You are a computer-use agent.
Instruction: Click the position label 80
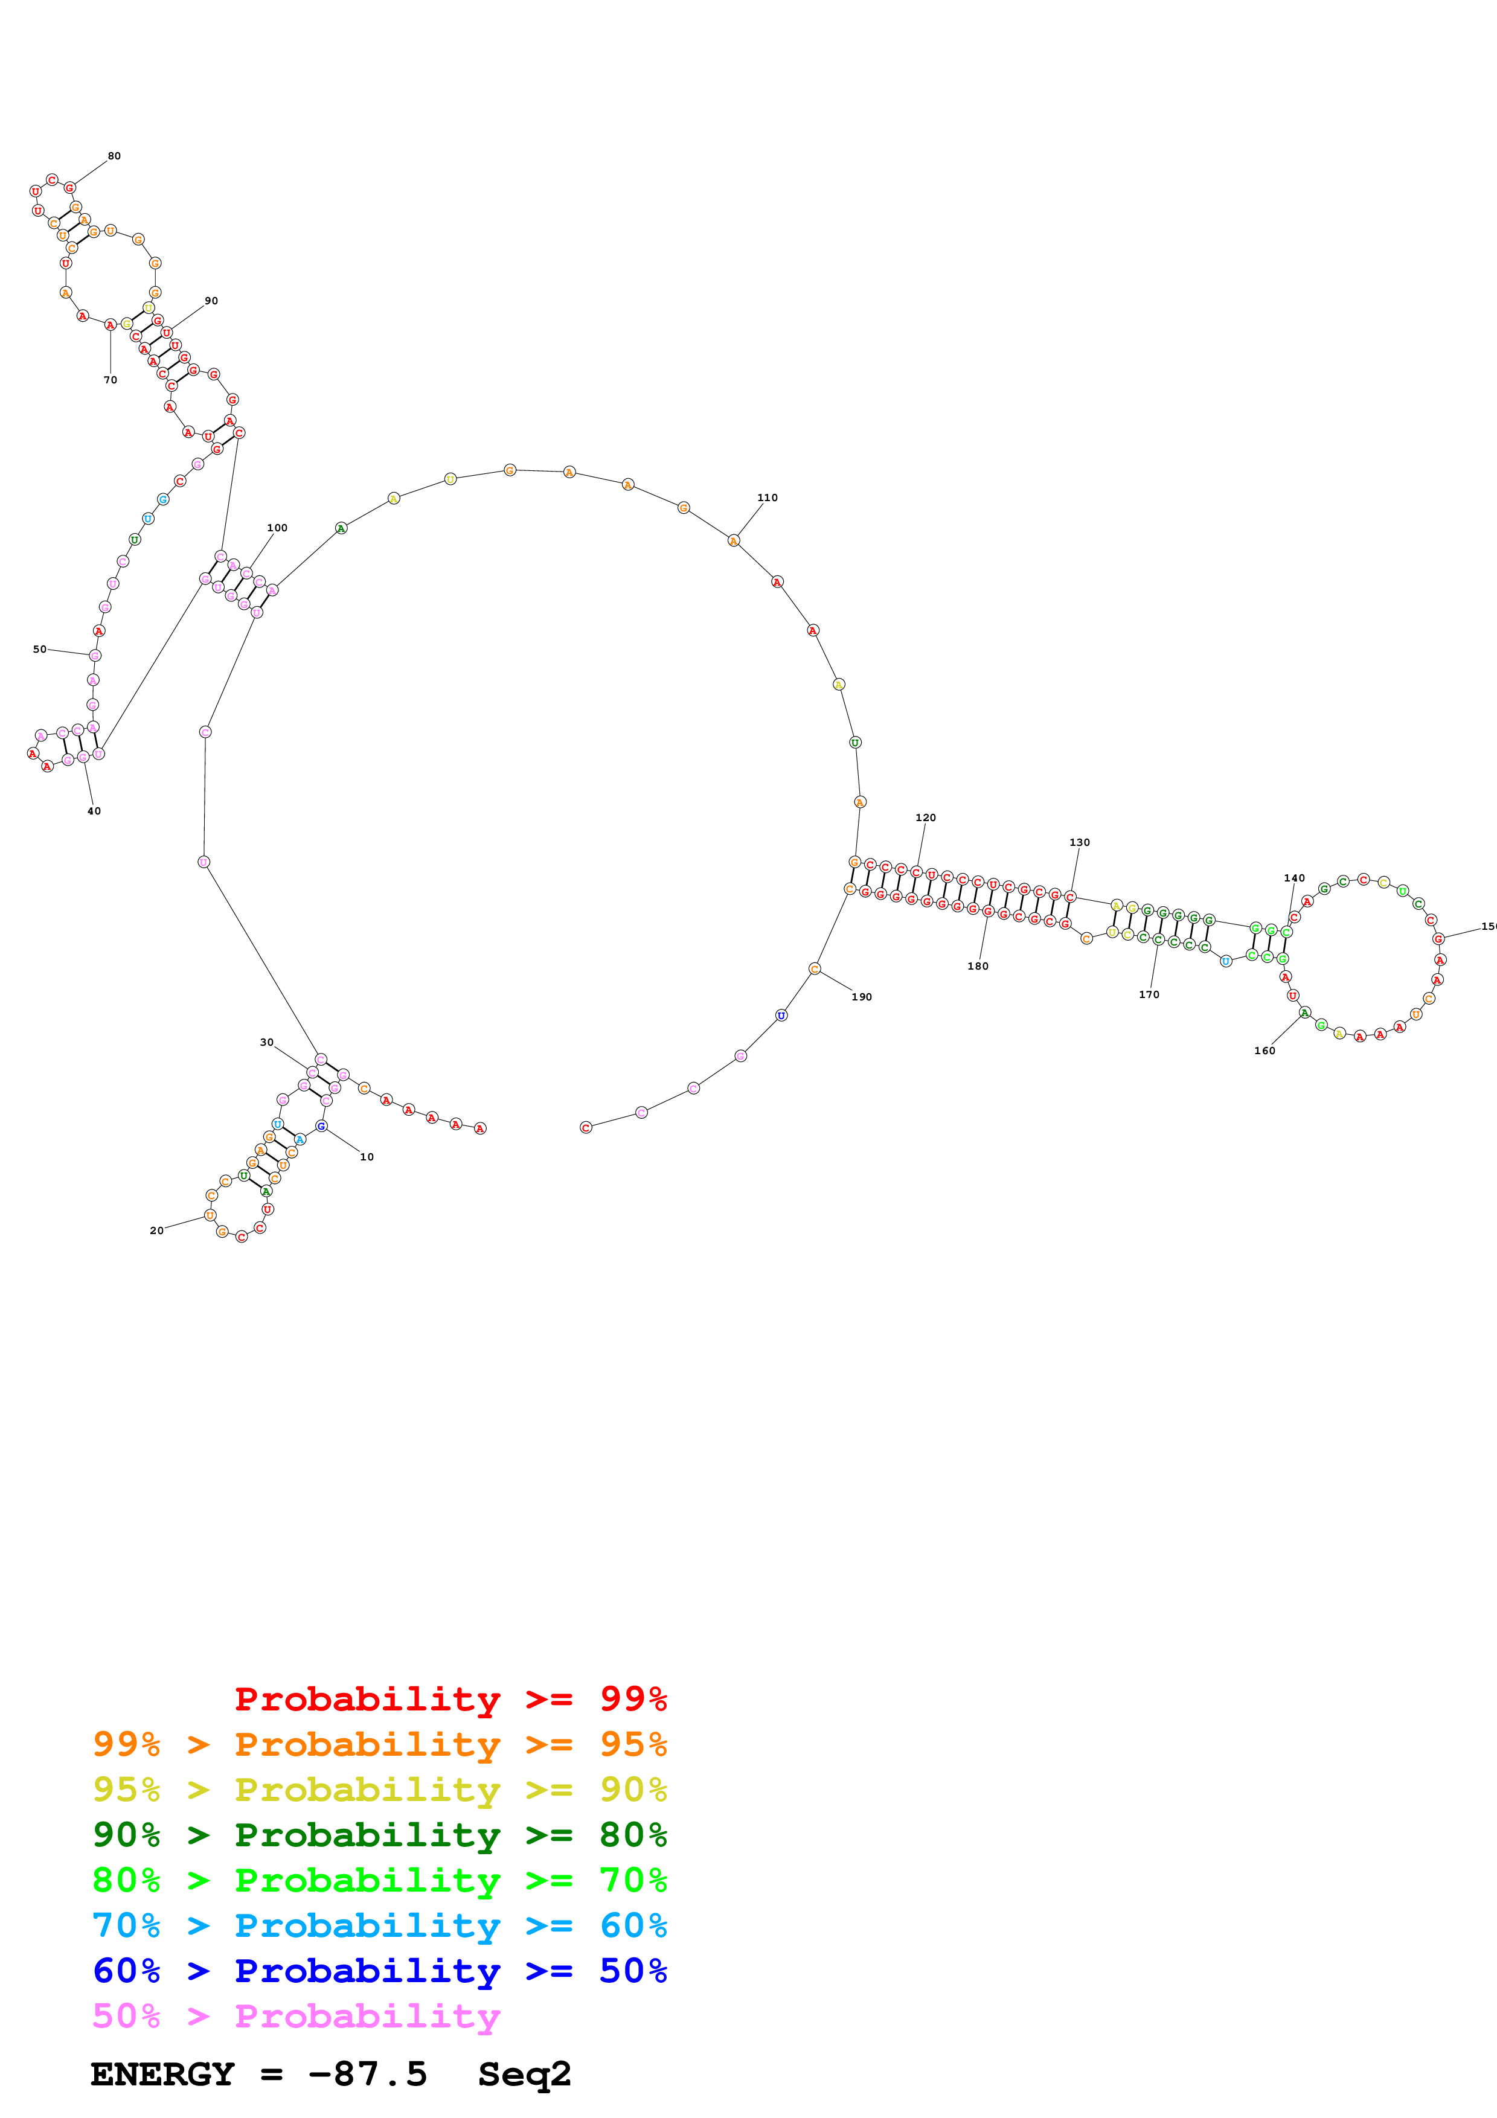pyautogui.click(x=114, y=156)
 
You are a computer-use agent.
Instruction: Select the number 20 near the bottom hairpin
pyautogui.click(x=157, y=1230)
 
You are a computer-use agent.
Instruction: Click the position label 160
pyautogui.click(x=1264, y=1050)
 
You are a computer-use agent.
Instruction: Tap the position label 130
pyautogui.click(x=1079, y=842)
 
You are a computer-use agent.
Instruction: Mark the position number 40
pyautogui.click(x=94, y=811)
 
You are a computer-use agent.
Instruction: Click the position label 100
pyautogui.click(x=277, y=528)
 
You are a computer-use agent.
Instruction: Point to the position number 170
pyautogui.click(x=1149, y=994)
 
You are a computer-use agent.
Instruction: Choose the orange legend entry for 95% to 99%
pyautogui.click(x=379, y=1744)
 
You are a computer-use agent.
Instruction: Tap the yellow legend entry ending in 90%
pyautogui.click(x=379, y=1789)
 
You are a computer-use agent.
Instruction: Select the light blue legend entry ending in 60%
pyautogui.click(x=379, y=1925)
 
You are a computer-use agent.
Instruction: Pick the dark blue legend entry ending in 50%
pyautogui.click(x=379, y=1971)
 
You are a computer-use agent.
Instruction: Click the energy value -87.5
pyautogui.click(x=367, y=2074)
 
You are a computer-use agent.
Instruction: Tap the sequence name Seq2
pyautogui.click(x=524, y=2074)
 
